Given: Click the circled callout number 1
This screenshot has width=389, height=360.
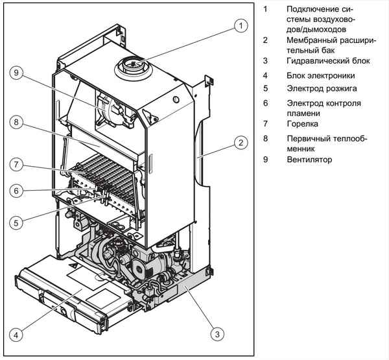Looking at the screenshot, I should tap(241, 26).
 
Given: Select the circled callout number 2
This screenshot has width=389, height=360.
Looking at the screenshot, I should tap(240, 142).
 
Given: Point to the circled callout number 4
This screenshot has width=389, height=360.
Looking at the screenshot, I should tap(19, 334).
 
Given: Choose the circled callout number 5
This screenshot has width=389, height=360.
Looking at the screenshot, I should tap(19, 222).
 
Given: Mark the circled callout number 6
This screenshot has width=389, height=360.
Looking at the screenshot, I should tap(19, 191).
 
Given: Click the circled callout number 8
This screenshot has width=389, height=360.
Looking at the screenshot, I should tap(19, 121).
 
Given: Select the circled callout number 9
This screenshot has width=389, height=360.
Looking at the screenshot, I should tap(19, 73).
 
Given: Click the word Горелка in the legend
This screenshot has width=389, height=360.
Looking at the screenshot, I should tap(301, 123).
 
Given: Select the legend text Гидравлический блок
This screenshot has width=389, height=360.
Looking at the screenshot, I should tap(328, 61).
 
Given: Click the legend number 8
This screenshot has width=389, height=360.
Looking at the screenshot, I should tap(265, 138).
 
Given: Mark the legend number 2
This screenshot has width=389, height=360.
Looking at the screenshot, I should tap(265, 40).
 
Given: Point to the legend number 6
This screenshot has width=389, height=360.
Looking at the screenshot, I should tap(265, 103).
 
